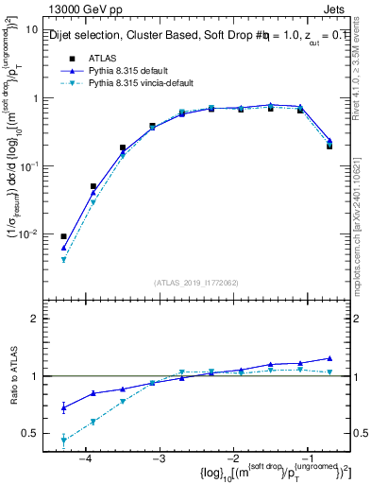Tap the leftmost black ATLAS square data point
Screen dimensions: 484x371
click(63, 236)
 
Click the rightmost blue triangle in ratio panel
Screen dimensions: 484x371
click(329, 358)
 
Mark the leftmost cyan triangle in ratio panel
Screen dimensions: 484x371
click(63, 441)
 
